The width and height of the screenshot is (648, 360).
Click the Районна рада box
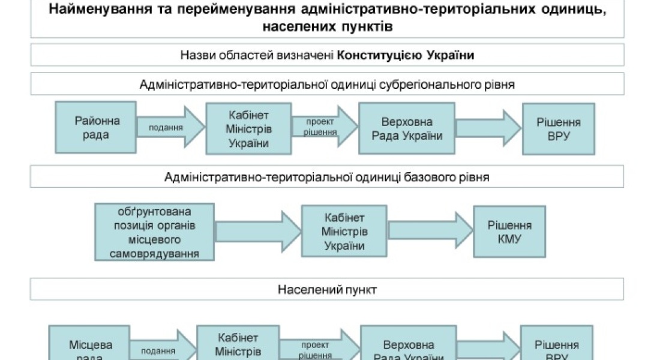click(96, 128)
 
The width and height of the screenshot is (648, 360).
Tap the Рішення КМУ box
click(509, 232)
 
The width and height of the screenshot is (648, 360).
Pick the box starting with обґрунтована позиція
click(154, 232)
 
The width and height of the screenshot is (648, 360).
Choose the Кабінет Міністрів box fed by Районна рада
click(248, 128)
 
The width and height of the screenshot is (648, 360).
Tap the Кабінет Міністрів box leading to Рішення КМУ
click(344, 232)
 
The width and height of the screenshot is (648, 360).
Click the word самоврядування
click(154, 254)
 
